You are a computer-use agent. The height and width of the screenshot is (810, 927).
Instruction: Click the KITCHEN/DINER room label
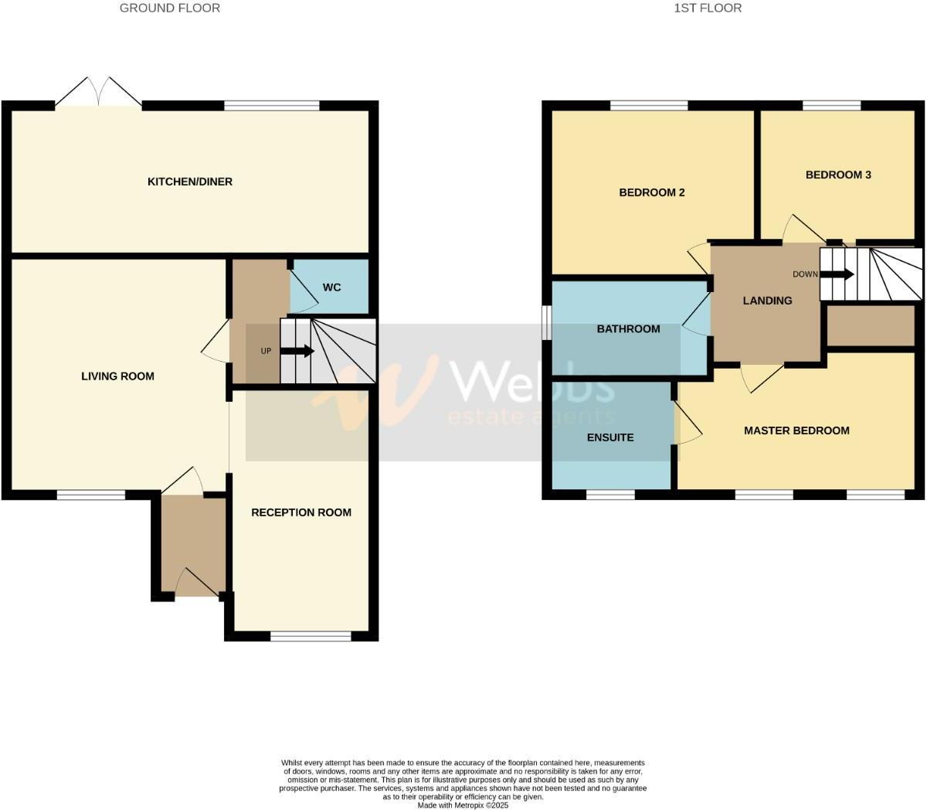click(x=190, y=182)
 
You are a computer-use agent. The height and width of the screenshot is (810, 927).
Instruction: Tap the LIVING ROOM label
click(x=117, y=376)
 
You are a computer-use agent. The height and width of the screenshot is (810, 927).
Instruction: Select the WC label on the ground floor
click(x=331, y=288)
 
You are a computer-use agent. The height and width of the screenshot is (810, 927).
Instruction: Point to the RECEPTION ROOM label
click(x=301, y=512)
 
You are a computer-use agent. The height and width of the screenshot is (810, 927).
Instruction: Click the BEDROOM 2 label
click(x=652, y=192)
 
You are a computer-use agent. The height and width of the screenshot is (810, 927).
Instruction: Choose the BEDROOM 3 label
click(x=838, y=175)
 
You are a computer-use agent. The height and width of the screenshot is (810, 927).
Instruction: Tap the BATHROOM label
click(x=628, y=328)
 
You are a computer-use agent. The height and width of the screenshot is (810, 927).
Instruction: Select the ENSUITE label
click(x=610, y=437)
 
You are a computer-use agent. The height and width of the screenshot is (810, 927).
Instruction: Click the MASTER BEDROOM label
click(x=796, y=431)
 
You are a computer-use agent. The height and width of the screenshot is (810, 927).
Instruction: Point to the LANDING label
click(x=767, y=301)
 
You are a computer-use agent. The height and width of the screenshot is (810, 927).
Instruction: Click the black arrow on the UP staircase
click(x=298, y=351)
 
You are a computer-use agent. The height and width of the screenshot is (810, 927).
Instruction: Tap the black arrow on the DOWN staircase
click(x=838, y=274)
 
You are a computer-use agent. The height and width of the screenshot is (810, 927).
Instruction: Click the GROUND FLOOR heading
click(x=170, y=8)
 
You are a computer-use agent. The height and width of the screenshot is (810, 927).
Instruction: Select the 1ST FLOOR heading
click(x=708, y=8)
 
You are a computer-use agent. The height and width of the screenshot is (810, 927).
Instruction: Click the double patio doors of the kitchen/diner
click(x=98, y=93)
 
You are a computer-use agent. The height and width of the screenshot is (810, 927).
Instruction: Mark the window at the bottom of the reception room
click(x=311, y=636)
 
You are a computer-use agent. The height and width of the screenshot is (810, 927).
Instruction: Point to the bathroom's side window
click(x=546, y=322)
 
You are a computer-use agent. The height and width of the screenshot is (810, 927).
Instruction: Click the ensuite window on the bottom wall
click(x=611, y=494)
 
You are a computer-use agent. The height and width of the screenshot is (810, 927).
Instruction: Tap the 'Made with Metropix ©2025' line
click(x=463, y=805)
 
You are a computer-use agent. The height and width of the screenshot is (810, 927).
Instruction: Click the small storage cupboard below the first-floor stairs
click(x=871, y=326)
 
